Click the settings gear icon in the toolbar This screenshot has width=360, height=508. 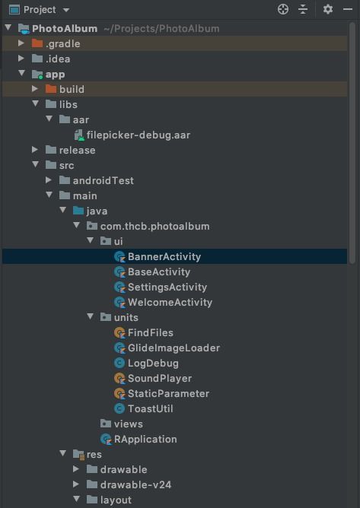pos(328,9)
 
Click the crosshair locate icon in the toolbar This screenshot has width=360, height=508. pos(283,9)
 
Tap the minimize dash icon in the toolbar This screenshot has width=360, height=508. pos(348,9)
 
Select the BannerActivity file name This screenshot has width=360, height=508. pos(164,256)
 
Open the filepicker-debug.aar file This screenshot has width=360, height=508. pos(139,135)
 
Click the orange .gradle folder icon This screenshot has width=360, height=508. pos(37,43)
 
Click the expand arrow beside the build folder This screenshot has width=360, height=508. pos(35,89)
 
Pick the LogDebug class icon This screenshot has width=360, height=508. pos(119,363)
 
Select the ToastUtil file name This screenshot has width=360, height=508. pos(151,408)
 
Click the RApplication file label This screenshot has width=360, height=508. pos(145,439)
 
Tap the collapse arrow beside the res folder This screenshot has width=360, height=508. pos(63,453)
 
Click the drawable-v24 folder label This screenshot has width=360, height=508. pos(136,484)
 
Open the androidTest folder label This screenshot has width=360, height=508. pos(104,180)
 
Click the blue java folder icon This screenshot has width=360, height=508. pos(78,211)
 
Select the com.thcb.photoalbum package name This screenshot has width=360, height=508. pos(155,226)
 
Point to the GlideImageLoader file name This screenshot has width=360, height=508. pos(174,348)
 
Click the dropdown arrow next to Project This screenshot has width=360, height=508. pos(66,10)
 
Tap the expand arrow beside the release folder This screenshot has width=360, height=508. pos(35,150)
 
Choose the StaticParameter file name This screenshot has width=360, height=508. pos(168,394)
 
